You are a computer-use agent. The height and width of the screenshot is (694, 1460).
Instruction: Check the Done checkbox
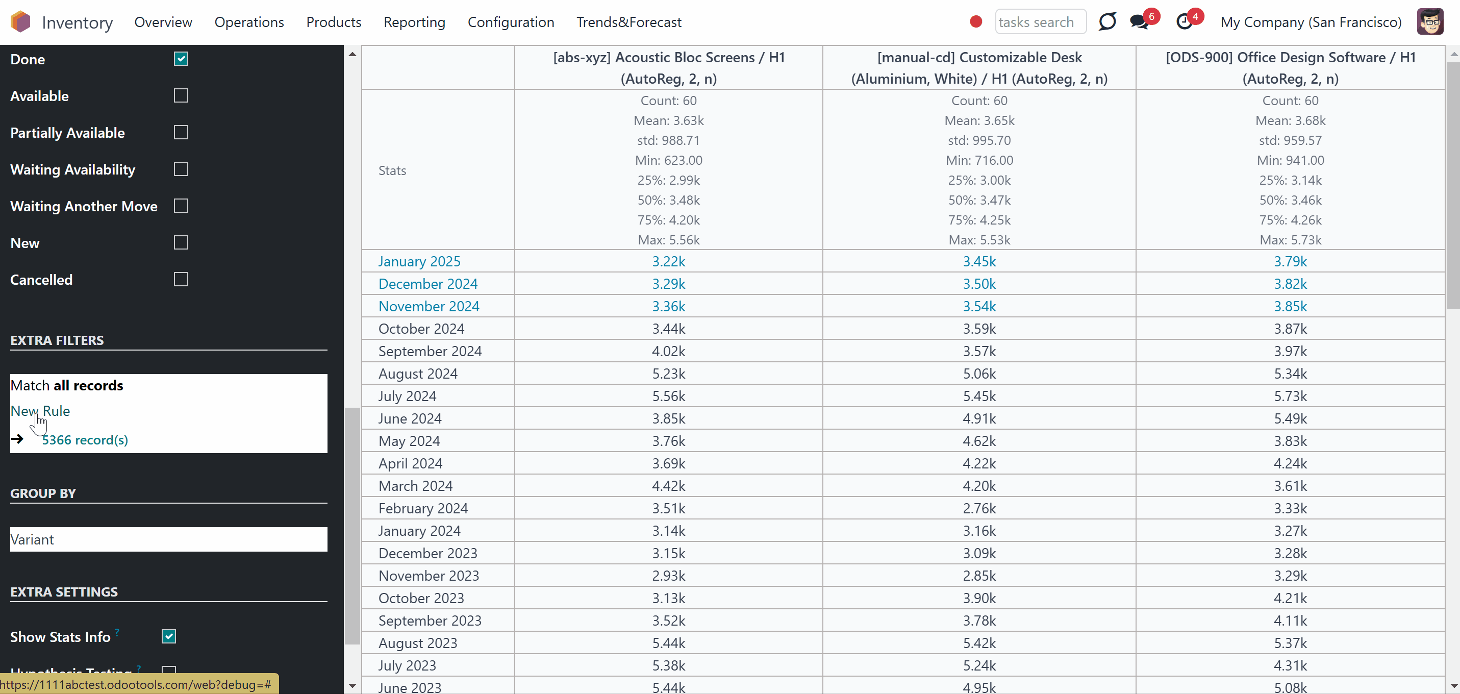[x=181, y=59]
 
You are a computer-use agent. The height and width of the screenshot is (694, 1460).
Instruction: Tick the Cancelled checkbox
[x=181, y=280]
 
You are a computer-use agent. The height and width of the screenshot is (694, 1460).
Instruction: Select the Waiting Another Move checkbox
[x=181, y=206]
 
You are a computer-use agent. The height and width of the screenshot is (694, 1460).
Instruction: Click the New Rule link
[x=40, y=411]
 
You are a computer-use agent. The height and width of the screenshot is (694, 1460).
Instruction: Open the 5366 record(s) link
[x=85, y=440]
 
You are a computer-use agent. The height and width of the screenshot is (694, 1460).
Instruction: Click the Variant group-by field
[x=169, y=539]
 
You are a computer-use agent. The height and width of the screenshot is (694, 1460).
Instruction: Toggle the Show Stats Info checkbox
[x=169, y=637]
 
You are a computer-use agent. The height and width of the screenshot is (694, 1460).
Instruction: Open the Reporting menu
[x=414, y=22]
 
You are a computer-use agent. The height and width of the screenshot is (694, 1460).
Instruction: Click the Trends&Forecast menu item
[x=629, y=22]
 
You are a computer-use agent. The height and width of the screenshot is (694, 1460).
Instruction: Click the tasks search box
[x=1041, y=22]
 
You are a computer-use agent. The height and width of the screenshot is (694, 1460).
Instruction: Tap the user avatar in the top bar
[x=1430, y=22]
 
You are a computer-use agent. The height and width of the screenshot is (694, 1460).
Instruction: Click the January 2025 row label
[x=419, y=261]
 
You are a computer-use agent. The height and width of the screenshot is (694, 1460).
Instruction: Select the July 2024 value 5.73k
[x=1291, y=396]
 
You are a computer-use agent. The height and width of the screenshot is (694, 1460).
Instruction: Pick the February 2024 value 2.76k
[x=979, y=509]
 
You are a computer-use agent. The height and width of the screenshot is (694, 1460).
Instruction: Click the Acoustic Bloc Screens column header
[x=669, y=68]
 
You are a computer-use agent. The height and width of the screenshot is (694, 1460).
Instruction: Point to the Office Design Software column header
[x=1291, y=68]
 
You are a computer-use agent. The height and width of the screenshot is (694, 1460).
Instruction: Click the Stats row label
[x=392, y=170]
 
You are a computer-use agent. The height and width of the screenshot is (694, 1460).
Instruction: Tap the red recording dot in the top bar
[x=976, y=21]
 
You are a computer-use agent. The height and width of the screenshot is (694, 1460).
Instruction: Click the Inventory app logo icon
[x=20, y=22]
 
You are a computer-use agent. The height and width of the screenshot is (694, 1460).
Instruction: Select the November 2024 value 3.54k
[x=979, y=307]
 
